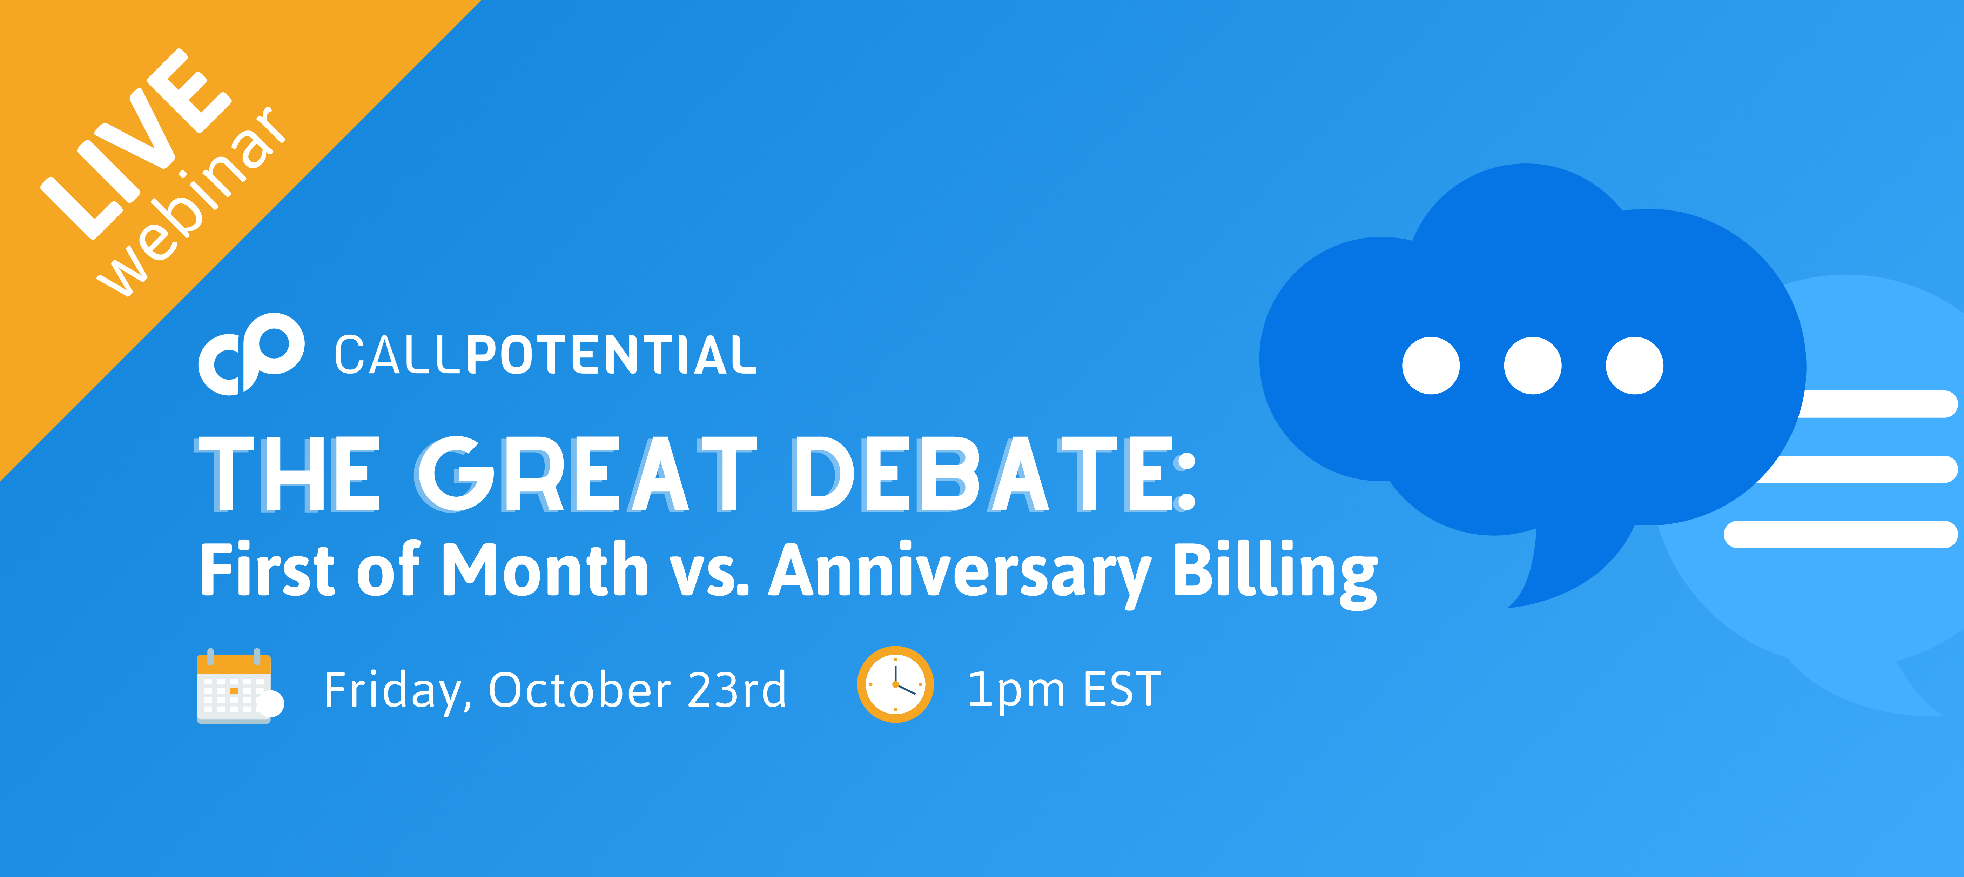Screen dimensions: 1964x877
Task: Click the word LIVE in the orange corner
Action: click(136, 143)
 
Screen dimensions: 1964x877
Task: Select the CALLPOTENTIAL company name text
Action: click(545, 355)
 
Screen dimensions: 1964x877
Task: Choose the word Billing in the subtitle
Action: click(1275, 574)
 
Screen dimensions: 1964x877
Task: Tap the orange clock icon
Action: click(895, 684)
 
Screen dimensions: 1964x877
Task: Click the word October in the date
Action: click(579, 690)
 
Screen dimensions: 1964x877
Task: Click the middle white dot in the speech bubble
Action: click(1533, 365)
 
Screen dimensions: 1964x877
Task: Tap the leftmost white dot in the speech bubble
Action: click(1431, 365)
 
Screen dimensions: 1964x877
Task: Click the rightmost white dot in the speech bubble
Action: click(1635, 365)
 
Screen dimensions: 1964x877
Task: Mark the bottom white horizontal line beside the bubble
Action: click(1841, 534)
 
